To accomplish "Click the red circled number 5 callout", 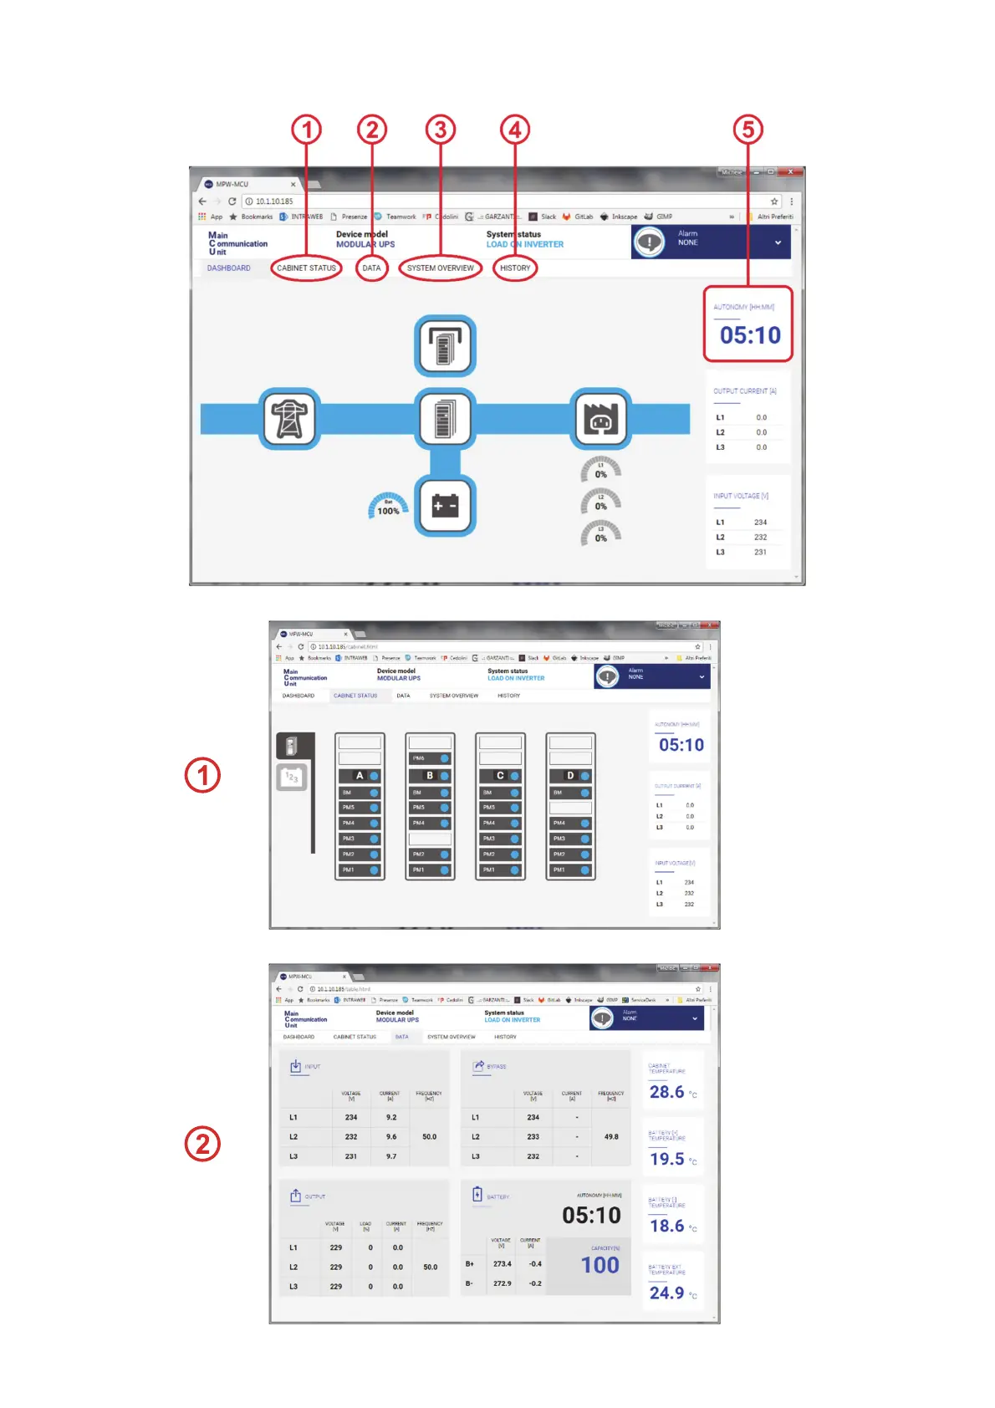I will (748, 130).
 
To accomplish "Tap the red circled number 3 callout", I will (441, 130).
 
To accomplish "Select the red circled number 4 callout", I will (515, 130).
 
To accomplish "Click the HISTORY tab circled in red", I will (515, 268).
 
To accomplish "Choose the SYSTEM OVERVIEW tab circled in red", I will (440, 268).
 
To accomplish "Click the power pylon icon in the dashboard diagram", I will (289, 418).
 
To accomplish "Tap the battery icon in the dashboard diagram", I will (445, 506).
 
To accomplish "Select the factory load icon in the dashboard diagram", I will (600, 418).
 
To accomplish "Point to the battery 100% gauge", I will (388, 507).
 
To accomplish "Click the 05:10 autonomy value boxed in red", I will (750, 335).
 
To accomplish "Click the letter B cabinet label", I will (430, 776).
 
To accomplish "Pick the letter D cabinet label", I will (570, 776).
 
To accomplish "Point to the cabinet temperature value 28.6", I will (666, 1092).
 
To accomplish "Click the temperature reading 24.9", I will (666, 1293).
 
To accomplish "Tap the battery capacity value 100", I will (600, 1265).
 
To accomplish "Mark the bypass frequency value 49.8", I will (611, 1137).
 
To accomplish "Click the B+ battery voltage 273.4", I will (502, 1264).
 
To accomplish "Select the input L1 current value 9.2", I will (391, 1117).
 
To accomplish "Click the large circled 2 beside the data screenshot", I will (202, 1144).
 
